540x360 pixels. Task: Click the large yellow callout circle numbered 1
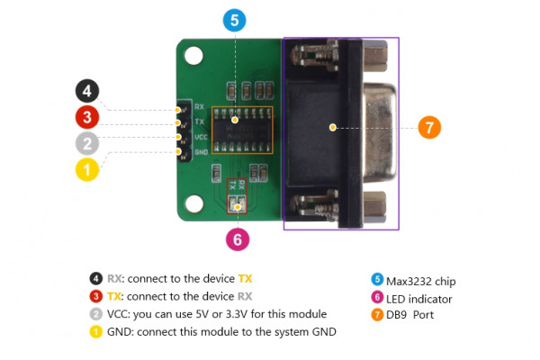(86, 168)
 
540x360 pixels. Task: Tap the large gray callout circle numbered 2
(86, 142)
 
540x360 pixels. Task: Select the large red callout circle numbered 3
(86, 116)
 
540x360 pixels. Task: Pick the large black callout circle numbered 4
(86, 91)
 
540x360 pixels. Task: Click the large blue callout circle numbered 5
(233, 20)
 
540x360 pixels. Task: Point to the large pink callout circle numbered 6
(237, 238)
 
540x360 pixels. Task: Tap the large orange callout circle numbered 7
(429, 127)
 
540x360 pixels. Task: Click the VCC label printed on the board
(201, 137)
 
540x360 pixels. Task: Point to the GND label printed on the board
(201, 151)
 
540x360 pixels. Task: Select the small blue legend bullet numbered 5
(377, 280)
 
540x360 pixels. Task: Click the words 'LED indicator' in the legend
(420, 298)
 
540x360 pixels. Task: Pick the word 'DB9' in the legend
(397, 315)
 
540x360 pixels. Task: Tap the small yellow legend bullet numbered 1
(95, 331)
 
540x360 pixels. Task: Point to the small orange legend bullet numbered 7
(377, 315)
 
